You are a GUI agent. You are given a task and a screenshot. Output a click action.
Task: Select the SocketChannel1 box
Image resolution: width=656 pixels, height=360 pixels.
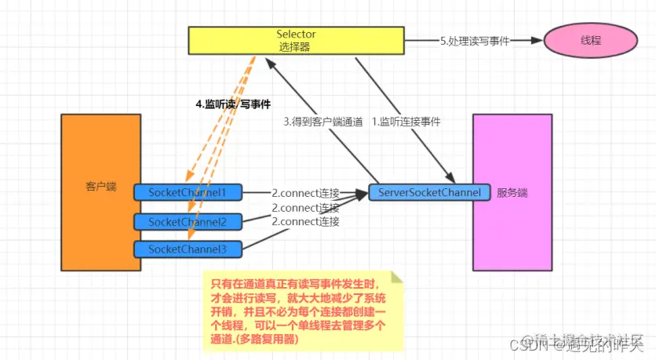(x=189, y=192)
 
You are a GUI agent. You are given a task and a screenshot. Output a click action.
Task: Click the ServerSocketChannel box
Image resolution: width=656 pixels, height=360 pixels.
(x=429, y=193)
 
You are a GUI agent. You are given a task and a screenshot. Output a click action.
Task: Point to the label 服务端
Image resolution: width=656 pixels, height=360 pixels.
(x=512, y=193)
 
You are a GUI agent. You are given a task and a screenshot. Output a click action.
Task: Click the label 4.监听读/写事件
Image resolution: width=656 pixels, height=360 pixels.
(x=233, y=104)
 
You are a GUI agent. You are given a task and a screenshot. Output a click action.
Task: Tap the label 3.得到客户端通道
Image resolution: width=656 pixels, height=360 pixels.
(x=323, y=122)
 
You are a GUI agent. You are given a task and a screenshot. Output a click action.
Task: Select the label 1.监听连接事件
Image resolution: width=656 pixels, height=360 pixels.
(x=406, y=122)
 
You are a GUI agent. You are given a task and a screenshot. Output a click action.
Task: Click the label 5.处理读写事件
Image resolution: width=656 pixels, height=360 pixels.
(x=475, y=41)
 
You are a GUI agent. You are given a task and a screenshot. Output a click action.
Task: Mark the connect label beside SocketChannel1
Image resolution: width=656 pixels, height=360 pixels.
(x=305, y=193)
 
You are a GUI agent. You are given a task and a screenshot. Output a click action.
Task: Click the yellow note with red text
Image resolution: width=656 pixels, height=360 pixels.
(x=302, y=310)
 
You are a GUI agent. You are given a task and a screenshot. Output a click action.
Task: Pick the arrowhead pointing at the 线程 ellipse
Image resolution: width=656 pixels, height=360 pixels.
(x=537, y=41)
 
